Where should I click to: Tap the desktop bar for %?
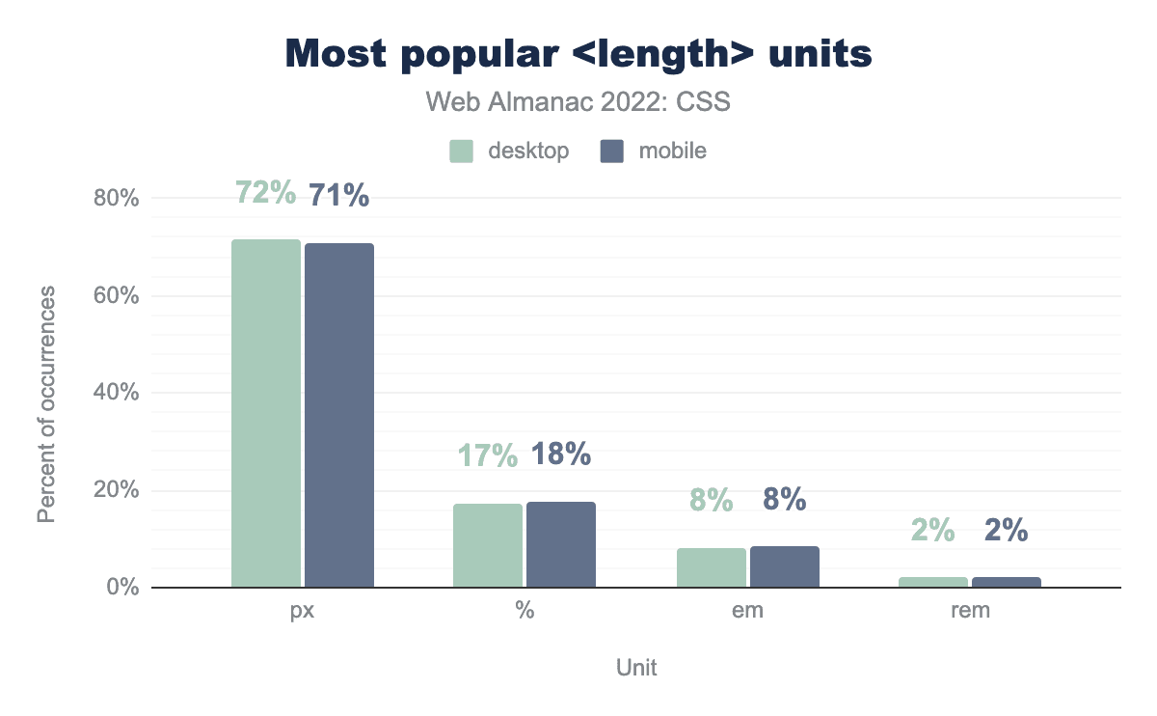(x=488, y=545)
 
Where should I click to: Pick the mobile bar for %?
(x=561, y=544)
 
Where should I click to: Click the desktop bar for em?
(x=712, y=567)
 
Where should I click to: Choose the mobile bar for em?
(x=785, y=566)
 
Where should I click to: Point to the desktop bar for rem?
(x=933, y=582)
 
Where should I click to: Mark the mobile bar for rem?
(x=1007, y=582)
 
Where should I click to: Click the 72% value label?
(x=265, y=194)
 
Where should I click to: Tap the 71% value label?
(x=339, y=196)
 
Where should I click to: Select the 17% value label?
(x=488, y=454)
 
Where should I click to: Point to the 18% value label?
(x=561, y=454)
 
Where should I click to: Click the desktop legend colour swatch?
(x=461, y=151)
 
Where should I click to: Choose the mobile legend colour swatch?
(x=612, y=151)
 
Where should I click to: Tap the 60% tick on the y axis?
(x=116, y=296)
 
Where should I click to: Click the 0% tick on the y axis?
(x=121, y=588)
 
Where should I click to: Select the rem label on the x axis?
(x=970, y=612)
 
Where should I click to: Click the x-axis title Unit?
(x=636, y=667)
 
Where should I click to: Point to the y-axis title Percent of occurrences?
(x=45, y=404)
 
